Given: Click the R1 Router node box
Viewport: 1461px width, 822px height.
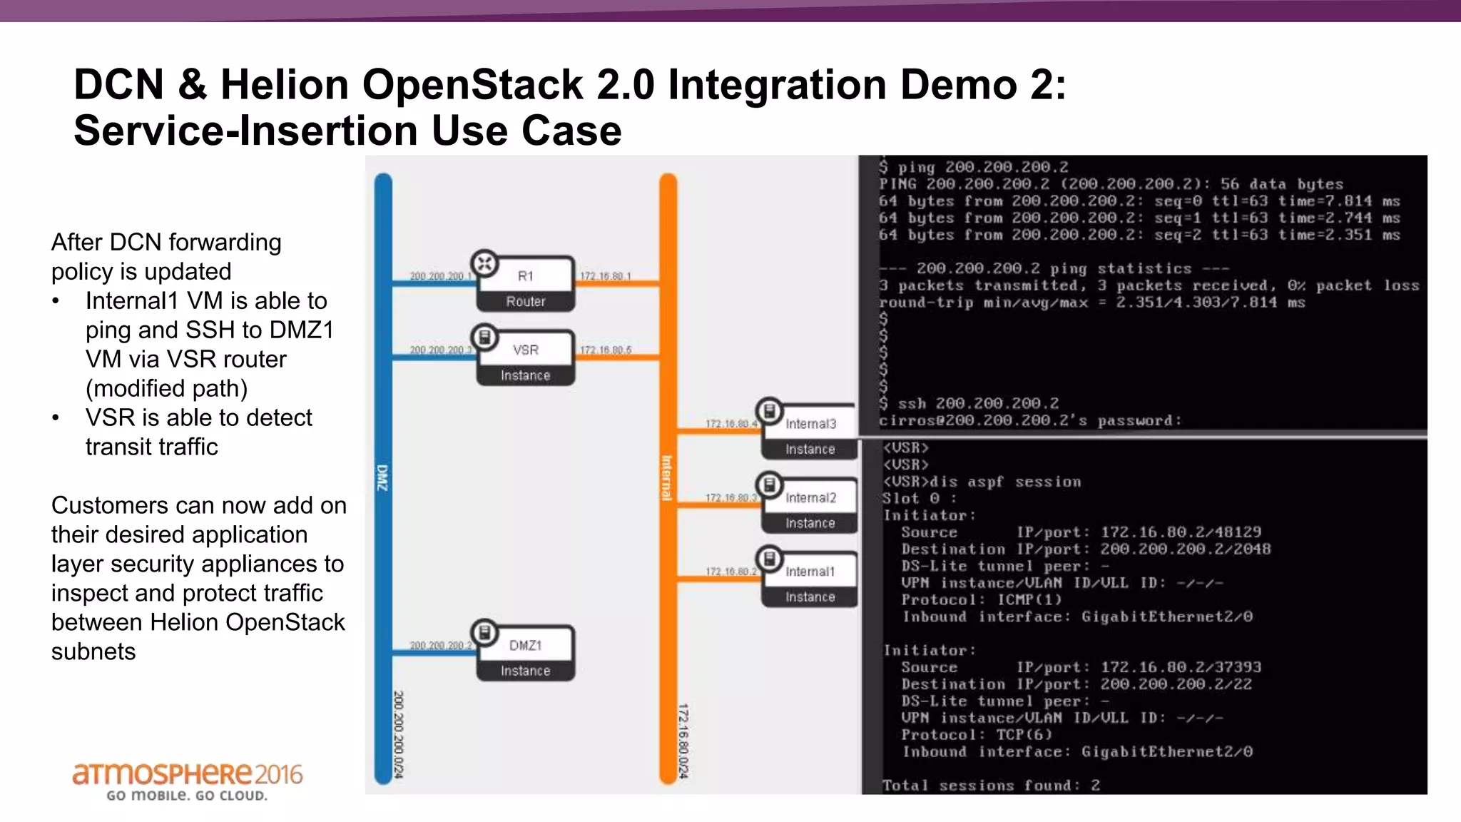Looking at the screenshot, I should [x=526, y=285].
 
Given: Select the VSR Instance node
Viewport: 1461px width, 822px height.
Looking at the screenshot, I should [x=526, y=359].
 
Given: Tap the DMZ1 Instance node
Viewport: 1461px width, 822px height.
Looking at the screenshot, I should [x=526, y=654].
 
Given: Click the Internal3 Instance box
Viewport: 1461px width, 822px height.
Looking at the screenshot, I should [x=810, y=433].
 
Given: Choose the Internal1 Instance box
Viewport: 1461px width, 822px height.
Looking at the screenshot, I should [x=810, y=581].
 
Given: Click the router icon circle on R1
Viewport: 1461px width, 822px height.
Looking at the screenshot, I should [x=485, y=264].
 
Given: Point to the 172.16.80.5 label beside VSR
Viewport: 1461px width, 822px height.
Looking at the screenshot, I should [x=605, y=350].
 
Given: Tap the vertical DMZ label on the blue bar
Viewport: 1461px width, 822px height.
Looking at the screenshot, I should [x=382, y=477].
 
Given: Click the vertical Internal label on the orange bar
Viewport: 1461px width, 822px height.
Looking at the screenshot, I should [x=667, y=477].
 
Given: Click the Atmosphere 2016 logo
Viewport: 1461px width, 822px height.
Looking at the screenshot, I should [x=187, y=781].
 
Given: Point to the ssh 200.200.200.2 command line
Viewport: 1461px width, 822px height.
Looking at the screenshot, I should [x=977, y=404].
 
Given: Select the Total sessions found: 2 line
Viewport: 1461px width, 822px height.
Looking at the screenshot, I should [x=991, y=786].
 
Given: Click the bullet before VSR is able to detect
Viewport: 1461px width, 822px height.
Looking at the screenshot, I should [x=56, y=418].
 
